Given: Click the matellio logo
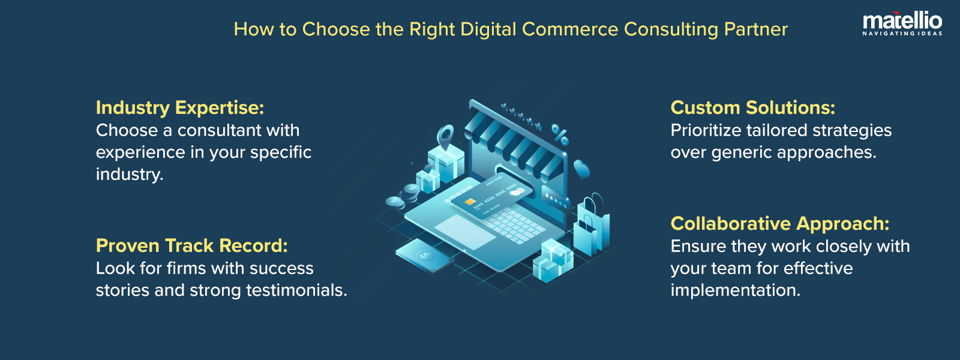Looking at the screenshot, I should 902,22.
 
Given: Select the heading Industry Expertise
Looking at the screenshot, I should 180,107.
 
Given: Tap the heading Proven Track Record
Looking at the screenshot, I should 192,245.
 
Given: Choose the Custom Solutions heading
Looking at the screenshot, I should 753,107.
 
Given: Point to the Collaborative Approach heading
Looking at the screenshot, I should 780,223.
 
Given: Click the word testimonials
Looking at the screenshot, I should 296,290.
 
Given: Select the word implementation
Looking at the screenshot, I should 734,290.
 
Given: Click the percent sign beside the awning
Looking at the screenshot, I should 560,135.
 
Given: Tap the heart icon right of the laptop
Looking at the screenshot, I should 581,169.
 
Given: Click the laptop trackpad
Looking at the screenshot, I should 466,232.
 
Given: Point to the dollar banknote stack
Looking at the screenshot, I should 424,255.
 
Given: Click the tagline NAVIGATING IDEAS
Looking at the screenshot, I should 902,34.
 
